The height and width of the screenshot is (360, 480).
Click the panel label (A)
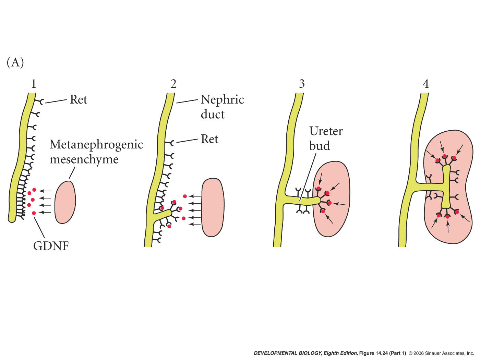[15, 62]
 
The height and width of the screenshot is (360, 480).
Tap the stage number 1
[33, 84]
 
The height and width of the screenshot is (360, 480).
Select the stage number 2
[173, 84]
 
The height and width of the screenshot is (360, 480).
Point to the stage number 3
[302, 84]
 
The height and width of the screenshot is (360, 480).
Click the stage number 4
[426, 84]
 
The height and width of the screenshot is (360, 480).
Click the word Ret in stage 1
[79, 99]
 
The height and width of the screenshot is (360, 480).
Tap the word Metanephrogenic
[96, 144]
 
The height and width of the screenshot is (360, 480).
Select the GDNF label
[51, 246]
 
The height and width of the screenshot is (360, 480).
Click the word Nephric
[222, 99]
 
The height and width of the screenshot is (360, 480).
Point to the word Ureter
[326, 131]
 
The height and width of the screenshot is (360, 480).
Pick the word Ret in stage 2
[209, 139]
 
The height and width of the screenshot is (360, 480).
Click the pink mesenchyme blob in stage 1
[65, 202]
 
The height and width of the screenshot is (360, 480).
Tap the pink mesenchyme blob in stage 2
[213, 207]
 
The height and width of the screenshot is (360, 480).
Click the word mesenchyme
[84, 159]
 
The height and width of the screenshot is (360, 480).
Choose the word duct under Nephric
[213, 114]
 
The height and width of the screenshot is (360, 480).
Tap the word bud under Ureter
[319, 146]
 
